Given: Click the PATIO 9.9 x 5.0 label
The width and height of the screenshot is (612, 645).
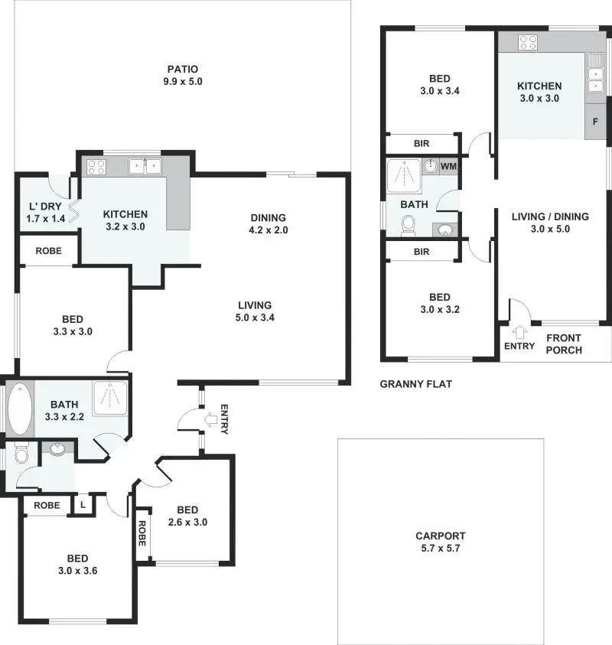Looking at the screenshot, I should click(181, 74).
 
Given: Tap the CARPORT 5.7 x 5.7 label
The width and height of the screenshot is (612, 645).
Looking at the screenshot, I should click(440, 542).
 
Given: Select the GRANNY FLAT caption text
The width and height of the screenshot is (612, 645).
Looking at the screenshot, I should click(416, 384).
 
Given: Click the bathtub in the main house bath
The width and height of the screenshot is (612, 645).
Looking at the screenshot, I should click(18, 408).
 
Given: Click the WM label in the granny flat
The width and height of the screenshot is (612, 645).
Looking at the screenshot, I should click(449, 165).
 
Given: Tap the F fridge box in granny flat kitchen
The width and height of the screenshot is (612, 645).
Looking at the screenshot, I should click(595, 122).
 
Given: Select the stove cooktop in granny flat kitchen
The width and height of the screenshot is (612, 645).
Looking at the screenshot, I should click(529, 42).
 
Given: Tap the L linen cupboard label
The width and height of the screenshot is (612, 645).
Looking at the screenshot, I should click(82, 505).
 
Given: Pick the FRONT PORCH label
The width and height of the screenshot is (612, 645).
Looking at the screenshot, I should click(565, 344).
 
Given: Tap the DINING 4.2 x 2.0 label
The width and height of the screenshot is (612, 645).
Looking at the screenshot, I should click(267, 223).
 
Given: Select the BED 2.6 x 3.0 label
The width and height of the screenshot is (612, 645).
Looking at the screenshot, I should click(187, 516).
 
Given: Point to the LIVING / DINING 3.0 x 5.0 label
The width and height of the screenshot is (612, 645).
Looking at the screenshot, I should click(550, 223).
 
